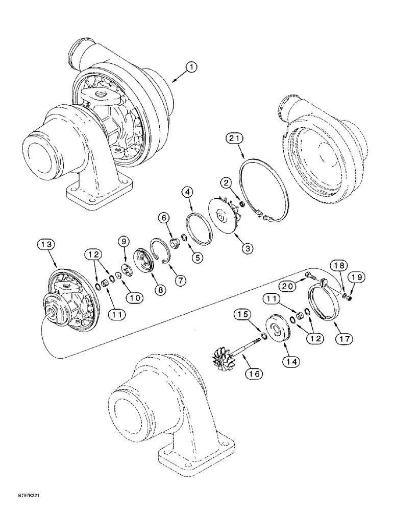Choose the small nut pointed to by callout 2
point(241,205)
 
